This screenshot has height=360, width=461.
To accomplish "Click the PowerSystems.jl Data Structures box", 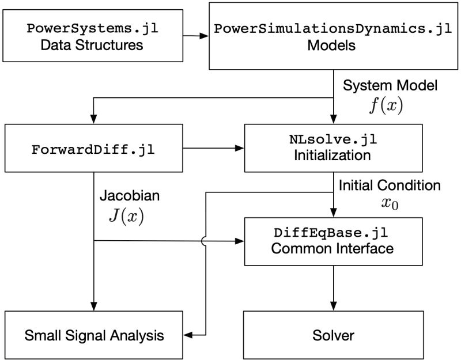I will click(92, 36).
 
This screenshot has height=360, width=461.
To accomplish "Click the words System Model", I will click(390, 86).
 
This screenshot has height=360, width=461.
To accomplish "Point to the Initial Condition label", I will click(390, 185).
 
